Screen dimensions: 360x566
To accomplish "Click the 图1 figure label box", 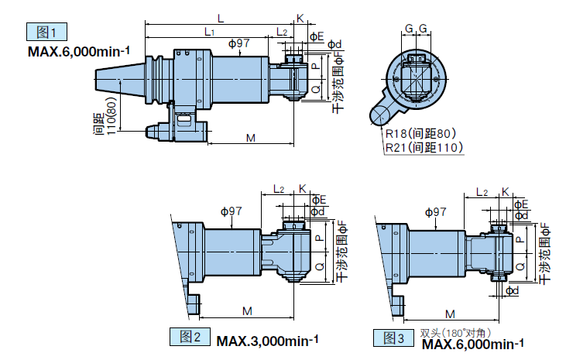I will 46,32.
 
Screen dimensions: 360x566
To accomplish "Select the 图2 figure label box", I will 190,337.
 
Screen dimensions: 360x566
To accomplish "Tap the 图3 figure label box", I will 394,338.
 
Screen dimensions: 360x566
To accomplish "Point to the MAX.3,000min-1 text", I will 267,341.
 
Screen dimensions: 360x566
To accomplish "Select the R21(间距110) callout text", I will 424,147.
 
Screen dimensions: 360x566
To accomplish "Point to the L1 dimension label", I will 209,31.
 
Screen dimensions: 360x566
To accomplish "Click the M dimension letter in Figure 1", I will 251,138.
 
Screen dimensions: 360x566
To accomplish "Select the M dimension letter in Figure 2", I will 246,310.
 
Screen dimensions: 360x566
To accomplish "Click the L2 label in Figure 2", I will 279,189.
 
